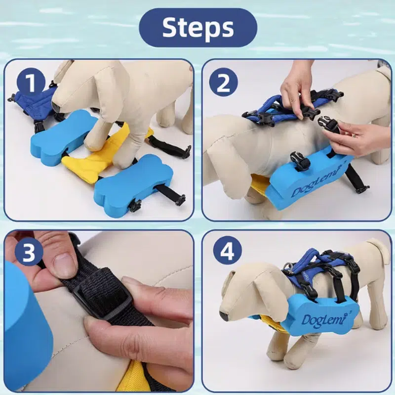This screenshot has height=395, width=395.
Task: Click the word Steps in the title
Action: pyautogui.click(x=198, y=27)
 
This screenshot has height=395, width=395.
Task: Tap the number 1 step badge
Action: pyautogui.click(x=31, y=83)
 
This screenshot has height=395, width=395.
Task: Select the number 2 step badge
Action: pyautogui.click(x=223, y=82)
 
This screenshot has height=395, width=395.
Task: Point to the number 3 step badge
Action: pyautogui.click(x=29, y=253)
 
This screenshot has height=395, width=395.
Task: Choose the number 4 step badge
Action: pyautogui.click(x=227, y=252)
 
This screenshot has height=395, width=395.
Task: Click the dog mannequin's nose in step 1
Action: pyautogui.click(x=55, y=106)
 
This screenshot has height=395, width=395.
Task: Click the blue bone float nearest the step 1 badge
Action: pyautogui.click(x=63, y=137)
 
